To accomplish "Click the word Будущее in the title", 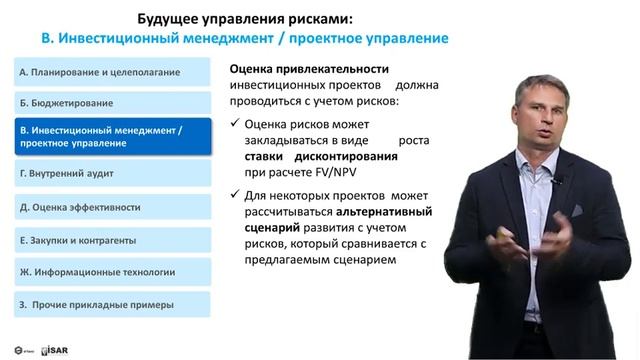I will coord(168,18).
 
